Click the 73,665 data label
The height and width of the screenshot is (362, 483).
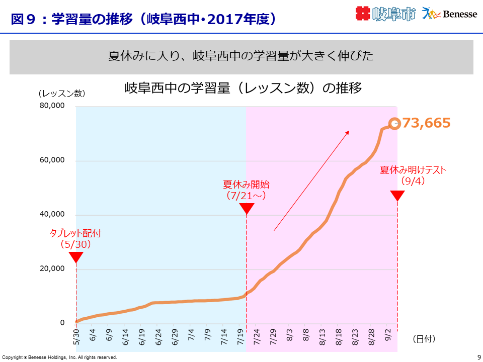pos(426,123)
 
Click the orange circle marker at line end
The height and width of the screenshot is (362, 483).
pos(394,124)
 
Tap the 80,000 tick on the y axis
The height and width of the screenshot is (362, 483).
pos(52,106)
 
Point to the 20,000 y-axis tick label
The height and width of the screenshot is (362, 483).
pos(52,268)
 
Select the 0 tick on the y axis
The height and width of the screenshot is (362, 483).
pos(62,323)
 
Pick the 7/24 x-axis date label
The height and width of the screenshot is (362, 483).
pos(257,336)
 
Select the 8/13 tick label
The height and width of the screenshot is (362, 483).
pos(323,336)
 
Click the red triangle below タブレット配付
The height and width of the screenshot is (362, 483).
pos(76,257)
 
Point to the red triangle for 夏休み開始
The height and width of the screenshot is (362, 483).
pos(247,209)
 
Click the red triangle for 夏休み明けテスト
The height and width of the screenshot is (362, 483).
pos(397,196)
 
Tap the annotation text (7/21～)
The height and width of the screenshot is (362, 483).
pos(246,195)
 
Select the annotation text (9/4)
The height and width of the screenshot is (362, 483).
pos(413,181)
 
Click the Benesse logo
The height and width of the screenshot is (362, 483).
pos(449,14)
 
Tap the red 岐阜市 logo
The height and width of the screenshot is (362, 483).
pos(385,14)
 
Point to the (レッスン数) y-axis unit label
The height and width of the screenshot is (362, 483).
pos(61,93)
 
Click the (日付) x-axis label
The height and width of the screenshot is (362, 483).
pos(424,339)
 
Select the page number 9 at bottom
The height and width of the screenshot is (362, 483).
pos(478,357)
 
